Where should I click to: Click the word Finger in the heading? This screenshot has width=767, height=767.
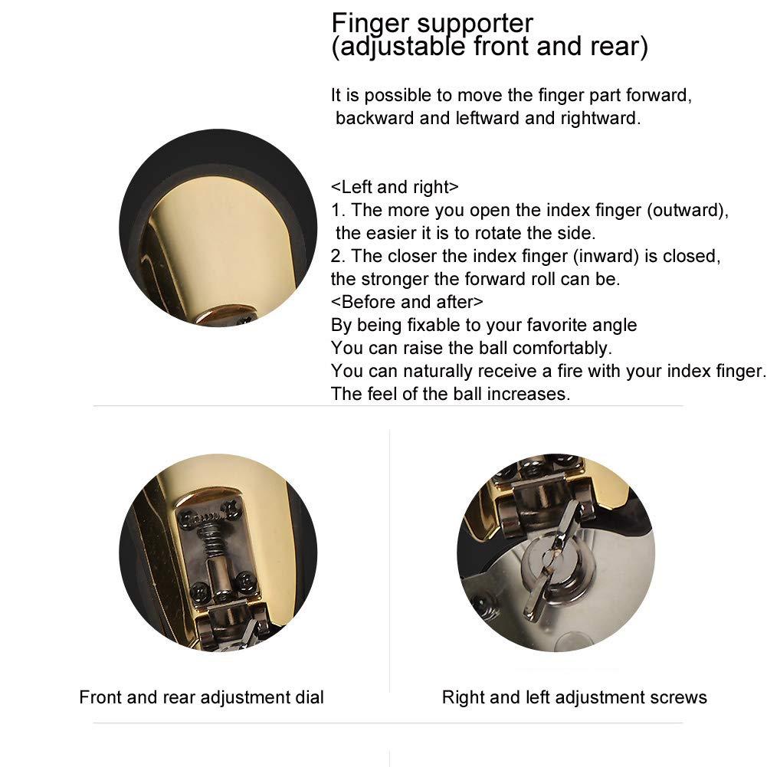367,23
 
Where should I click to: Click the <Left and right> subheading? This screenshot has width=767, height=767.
395,188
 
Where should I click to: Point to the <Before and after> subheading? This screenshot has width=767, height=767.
407,302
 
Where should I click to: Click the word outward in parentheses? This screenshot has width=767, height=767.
687,211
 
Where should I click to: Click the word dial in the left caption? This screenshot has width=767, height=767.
309,697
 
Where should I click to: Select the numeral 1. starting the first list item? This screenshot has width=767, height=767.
338,211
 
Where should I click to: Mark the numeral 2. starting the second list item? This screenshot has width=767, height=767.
338,256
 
